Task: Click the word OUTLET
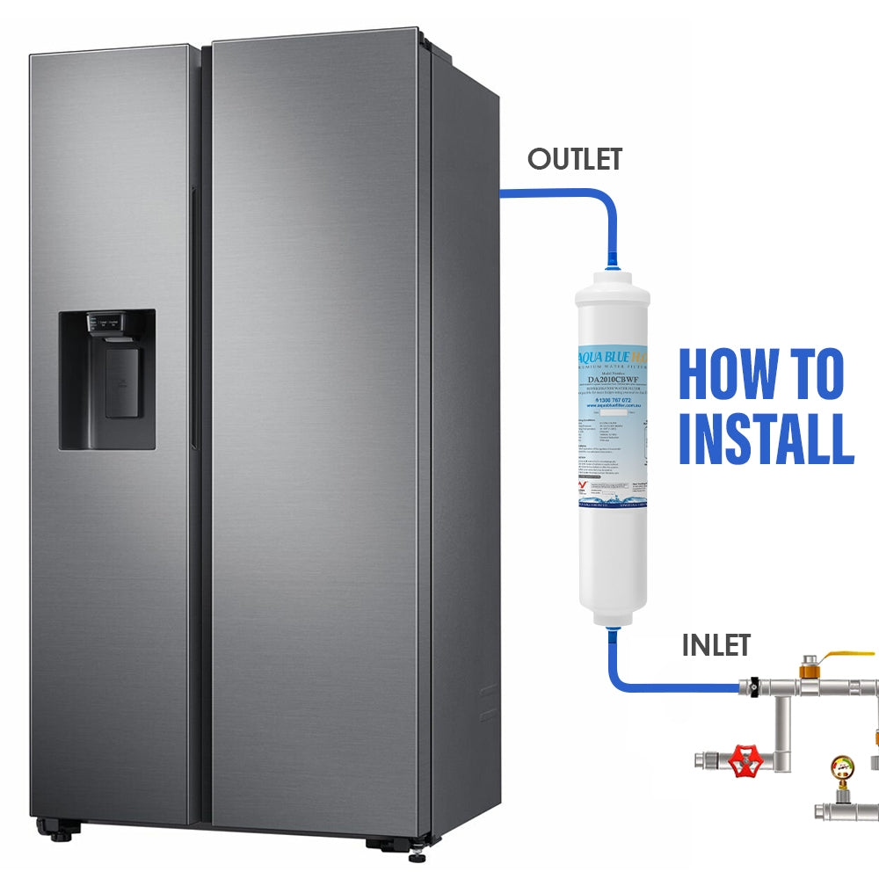[x=575, y=159]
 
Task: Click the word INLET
[x=716, y=645]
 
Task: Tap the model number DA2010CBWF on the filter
[x=613, y=381]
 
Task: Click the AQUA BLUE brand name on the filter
[x=600, y=358]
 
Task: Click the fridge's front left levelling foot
[x=62, y=831]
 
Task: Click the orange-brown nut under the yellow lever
[x=808, y=672]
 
